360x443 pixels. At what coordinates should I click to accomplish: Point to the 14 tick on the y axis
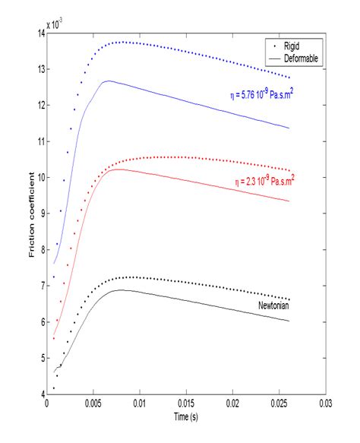pyautogui.click(x=38, y=33)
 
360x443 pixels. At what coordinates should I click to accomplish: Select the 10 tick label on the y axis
pyautogui.click(x=38, y=177)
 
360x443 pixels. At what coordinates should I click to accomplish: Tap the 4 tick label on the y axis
pyautogui.click(x=40, y=394)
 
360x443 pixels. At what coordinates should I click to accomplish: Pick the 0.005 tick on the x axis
pyautogui.click(x=93, y=403)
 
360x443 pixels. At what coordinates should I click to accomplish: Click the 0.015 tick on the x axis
pyautogui.click(x=186, y=403)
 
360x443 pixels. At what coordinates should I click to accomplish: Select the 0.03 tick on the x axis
pyautogui.click(x=326, y=403)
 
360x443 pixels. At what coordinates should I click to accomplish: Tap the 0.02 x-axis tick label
pyautogui.click(x=232, y=403)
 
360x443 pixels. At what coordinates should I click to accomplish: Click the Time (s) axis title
pyautogui.click(x=186, y=416)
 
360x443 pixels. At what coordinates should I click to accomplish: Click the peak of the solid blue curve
pyautogui.click(x=108, y=81)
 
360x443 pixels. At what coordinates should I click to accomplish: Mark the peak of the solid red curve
pyautogui.click(x=115, y=169)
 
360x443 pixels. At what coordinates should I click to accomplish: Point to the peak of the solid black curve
pyautogui.click(x=120, y=290)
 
